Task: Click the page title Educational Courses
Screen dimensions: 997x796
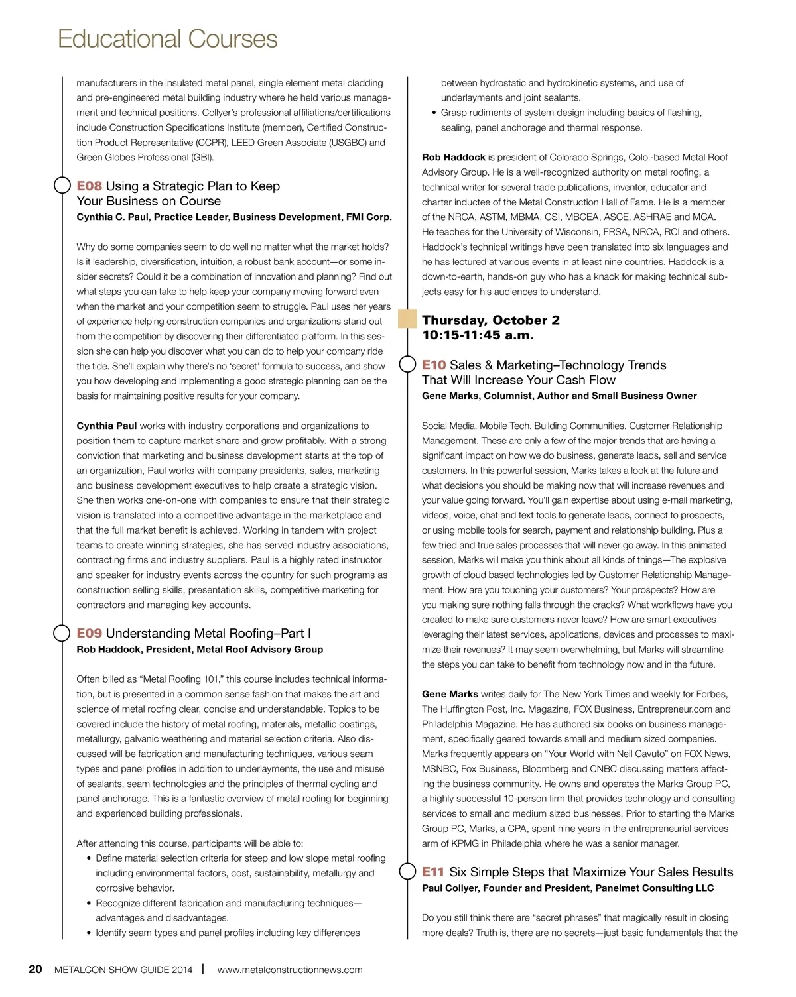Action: pos(167,40)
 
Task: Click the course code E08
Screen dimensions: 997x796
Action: pos(89,186)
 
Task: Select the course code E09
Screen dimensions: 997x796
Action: pos(89,634)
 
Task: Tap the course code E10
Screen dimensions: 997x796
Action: pos(434,365)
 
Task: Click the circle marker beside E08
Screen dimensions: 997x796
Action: pos(62,186)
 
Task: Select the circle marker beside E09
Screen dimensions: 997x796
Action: pos(62,633)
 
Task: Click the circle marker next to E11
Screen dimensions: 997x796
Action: pos(407,872)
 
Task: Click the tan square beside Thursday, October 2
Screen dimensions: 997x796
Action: pos(407,320)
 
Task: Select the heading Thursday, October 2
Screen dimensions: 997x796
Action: pos(491,321)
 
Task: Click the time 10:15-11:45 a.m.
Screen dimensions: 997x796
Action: pos(478,335)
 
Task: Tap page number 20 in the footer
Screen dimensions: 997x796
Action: pos(35,970)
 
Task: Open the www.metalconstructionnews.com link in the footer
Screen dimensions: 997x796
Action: pos(290,970)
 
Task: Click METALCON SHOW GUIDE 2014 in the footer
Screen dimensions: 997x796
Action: pos(123,970)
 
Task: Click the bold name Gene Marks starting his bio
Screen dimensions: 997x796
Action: pos(450,695)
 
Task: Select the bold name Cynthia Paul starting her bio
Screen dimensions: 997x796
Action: pos(106,426)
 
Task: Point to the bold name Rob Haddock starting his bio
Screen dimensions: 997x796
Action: pos(453,158)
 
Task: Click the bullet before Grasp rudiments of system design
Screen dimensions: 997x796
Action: pos(432,113)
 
